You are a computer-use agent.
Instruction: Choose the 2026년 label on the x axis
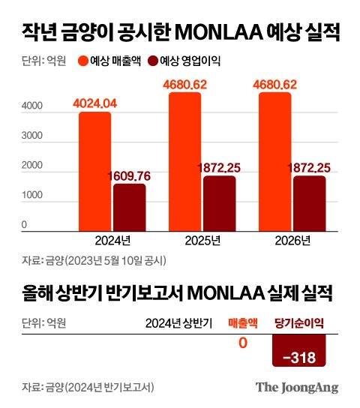[290, 241]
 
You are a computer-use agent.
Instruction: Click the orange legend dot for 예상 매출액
[82, 62]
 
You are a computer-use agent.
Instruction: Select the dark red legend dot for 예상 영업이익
[154, 62]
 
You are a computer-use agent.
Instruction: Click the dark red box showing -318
[299, 355]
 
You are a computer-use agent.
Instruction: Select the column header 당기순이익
[299, 323]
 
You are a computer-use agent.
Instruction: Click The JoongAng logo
[297, 388]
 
